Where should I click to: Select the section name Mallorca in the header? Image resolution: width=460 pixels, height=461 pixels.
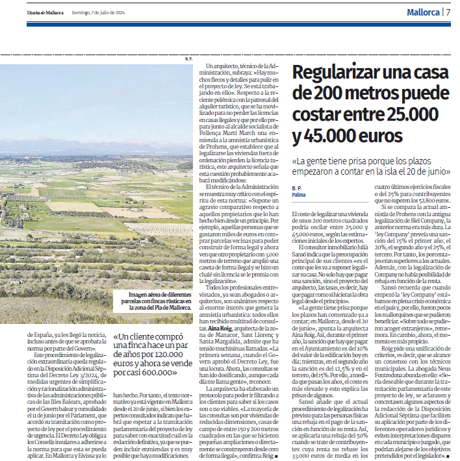[423, 12]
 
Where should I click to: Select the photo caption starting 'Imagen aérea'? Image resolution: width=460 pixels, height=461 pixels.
[153, 302]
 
